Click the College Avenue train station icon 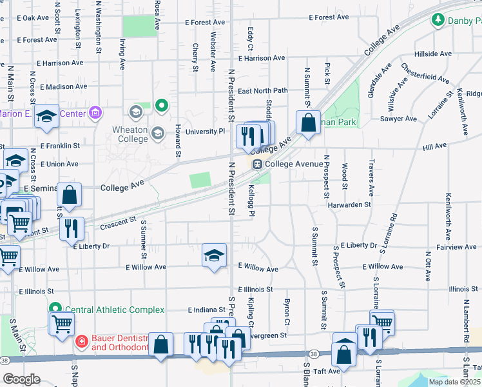pyautogui.click(x=256, y=164)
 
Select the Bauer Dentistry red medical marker pyautogui.click(x=82, y=341)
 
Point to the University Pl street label pyautogui.click(x=205, y=132)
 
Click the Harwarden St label pyautogui.click(x=349, y=204)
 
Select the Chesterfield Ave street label pyautogui.click(x=425, y=73)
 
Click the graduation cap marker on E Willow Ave pyautogui.click(x=214, y=255)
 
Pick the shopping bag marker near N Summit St pyautogui.click(x=309, y=122)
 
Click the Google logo pyautogui.click(x=21, y=379)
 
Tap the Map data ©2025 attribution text pyautogui.click(x=454, y=382)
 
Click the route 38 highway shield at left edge pyautogui.click(x=5, y=360)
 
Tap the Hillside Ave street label pyautogui.click(x=433, y=54)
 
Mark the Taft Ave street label pyautogui.click(x=327, y=372)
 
